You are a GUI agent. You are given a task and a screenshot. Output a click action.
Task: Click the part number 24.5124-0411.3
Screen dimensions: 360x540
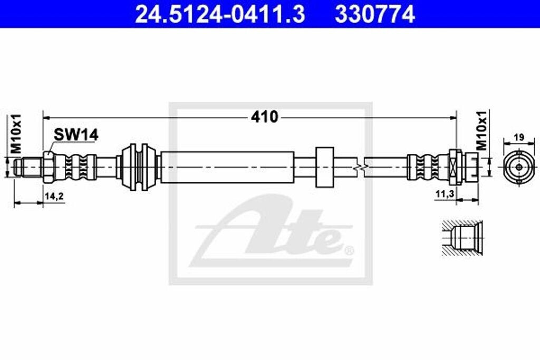(219, 14)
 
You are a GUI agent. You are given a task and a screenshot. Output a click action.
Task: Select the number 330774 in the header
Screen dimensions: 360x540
(374, 14)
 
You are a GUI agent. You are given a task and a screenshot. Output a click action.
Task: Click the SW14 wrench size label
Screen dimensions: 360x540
(75, 135)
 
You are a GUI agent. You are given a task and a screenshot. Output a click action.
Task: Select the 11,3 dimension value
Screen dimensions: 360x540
(445, 194)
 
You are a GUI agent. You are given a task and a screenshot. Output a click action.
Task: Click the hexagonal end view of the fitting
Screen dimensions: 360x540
(519, 167)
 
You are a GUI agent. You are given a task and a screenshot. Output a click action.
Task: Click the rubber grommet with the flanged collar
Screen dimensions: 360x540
(138, 167)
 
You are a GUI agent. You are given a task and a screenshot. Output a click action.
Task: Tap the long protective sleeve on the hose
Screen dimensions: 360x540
(227, 167)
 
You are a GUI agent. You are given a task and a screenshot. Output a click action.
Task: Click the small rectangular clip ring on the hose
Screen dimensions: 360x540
(324, 167)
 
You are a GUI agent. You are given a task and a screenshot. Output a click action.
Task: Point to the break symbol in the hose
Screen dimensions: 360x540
(359, 167)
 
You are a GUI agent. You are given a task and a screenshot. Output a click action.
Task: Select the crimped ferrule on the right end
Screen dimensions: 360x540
(427, 167)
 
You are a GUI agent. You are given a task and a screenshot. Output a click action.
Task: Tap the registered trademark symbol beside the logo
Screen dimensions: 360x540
(349, 250)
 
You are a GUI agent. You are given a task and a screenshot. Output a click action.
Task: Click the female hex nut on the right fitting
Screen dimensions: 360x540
(456, 166)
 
